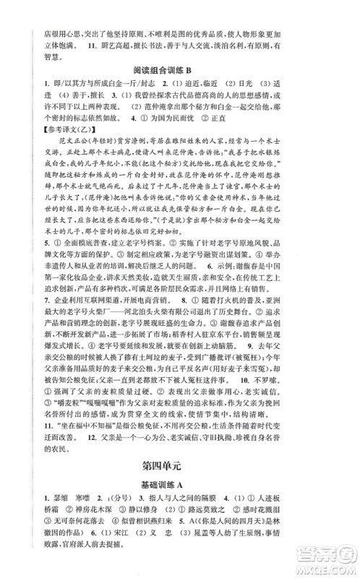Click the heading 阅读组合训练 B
click(x=180, y=70)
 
